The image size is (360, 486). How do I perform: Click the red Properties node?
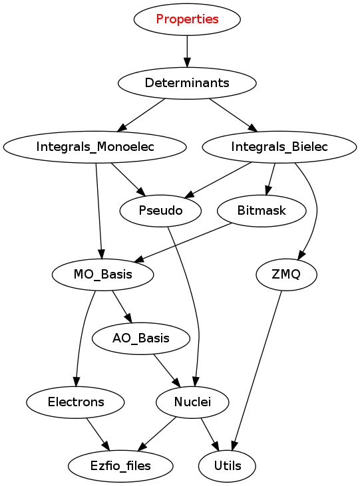(x=187, y=19)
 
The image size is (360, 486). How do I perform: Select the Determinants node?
(x=187, y=83)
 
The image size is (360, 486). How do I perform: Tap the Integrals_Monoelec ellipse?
(x=95, y=147)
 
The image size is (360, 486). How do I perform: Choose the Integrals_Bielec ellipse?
(x=279, y=147)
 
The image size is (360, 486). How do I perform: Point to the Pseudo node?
(x=160, y=211)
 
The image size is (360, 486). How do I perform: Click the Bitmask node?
(x=262, y=211)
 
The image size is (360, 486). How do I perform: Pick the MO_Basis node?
(x=102, y=275)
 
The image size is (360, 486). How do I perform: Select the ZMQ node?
(x=286, y=275)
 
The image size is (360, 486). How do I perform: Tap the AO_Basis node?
(x=141, y=338)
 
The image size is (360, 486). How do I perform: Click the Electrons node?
(x=76, y=402)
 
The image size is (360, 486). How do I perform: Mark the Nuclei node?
(x=192, y=402)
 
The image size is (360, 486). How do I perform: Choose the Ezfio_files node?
(x=120, y=466)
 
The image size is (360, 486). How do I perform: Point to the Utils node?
(x=227, y=466)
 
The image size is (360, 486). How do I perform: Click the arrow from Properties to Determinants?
(x=187, y=51)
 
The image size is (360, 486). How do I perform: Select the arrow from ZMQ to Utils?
(x=258, y=370)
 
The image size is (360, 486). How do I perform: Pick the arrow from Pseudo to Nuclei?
(x=192, y=305)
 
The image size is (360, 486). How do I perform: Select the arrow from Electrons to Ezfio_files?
(x=98, y=434)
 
